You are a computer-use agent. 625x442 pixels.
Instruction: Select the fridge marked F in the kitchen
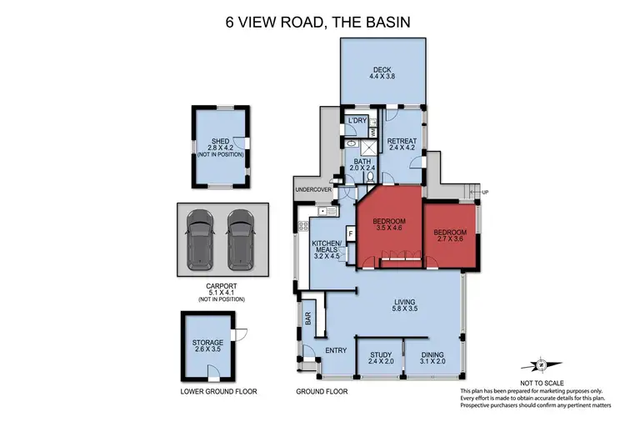tap(350, 233)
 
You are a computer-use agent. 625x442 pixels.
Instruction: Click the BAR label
tap(308, 318)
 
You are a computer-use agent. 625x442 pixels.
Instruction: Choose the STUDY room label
tap(380, 354)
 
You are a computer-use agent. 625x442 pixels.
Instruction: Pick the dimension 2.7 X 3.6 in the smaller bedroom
tap(449, 239)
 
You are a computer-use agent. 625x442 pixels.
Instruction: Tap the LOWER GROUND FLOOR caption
tap(218, 391)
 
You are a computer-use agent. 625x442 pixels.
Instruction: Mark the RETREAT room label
tap(401, 142)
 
